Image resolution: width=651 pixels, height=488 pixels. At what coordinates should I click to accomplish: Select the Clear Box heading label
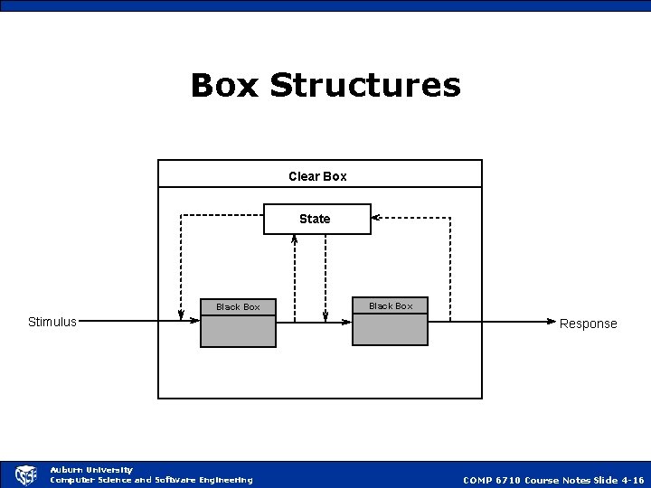pos(317,175)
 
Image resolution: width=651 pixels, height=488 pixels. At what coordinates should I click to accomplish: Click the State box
pos(316,219)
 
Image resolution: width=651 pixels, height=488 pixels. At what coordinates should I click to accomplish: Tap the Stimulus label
pos(52,321)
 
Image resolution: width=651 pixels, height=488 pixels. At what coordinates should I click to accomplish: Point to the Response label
pos(588,324)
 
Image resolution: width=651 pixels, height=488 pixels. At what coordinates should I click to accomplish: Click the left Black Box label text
pos(238,307)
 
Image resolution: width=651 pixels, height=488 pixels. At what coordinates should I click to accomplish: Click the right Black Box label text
pos(391,306)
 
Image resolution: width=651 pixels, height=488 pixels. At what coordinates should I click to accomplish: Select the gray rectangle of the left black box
pos(238,332)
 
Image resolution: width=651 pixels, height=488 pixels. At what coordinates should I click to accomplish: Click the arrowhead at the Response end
pos(552,320)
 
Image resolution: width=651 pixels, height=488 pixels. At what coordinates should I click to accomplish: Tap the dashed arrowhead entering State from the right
pos(376,218)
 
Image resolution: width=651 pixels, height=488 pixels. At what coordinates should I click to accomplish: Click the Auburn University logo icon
pos(25,475)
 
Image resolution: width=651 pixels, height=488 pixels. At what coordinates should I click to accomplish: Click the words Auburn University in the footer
pos(91,470)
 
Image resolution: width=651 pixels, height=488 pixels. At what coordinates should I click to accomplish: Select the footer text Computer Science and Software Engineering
pos(151,480)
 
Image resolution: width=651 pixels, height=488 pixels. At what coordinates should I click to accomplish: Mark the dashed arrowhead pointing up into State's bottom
pos(295,239)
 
